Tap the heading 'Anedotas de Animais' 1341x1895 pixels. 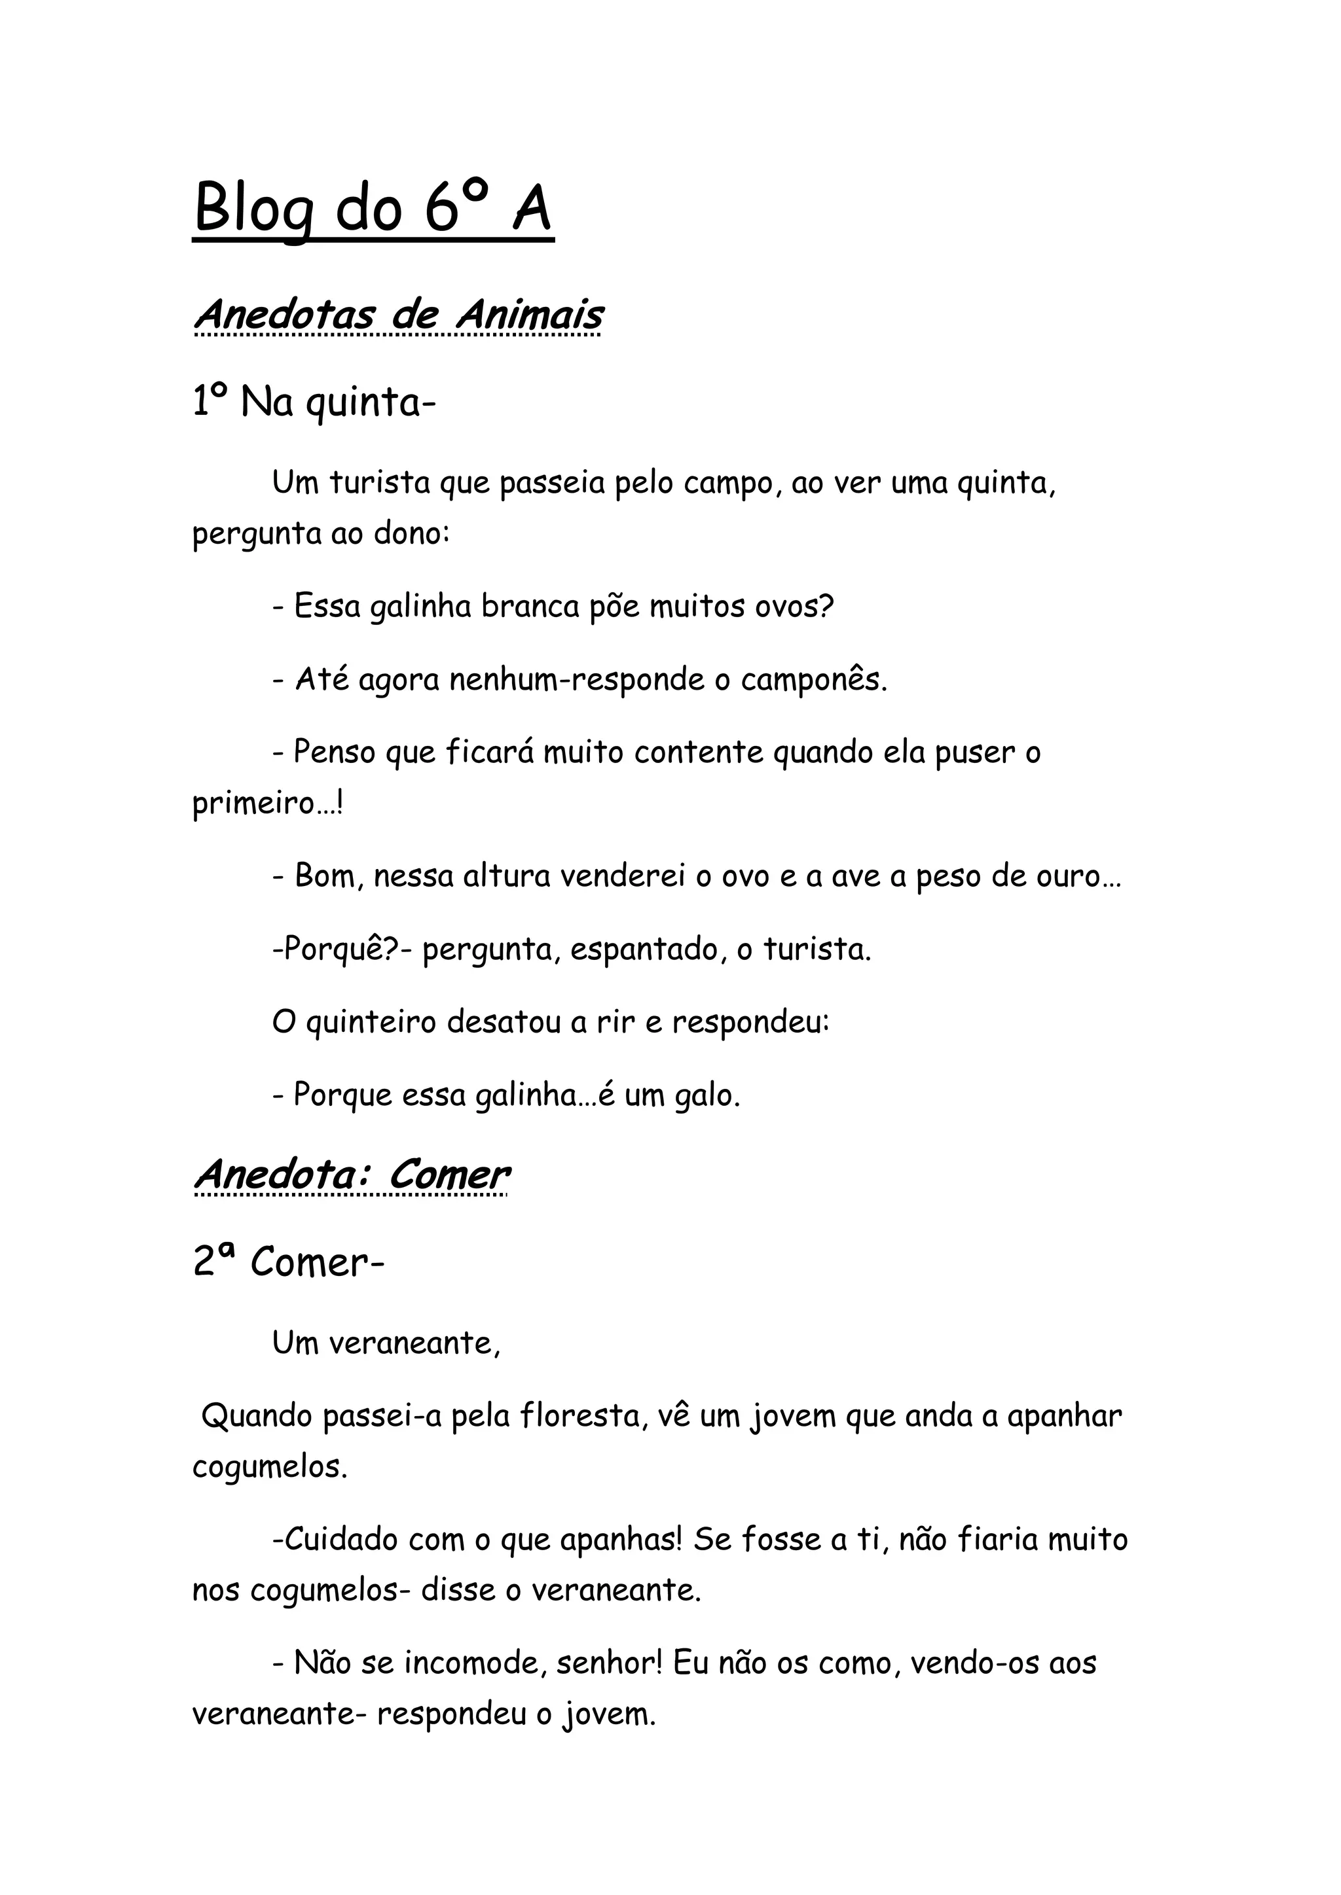pos(398,315)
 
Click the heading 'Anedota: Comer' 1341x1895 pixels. pos(351,1175)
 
